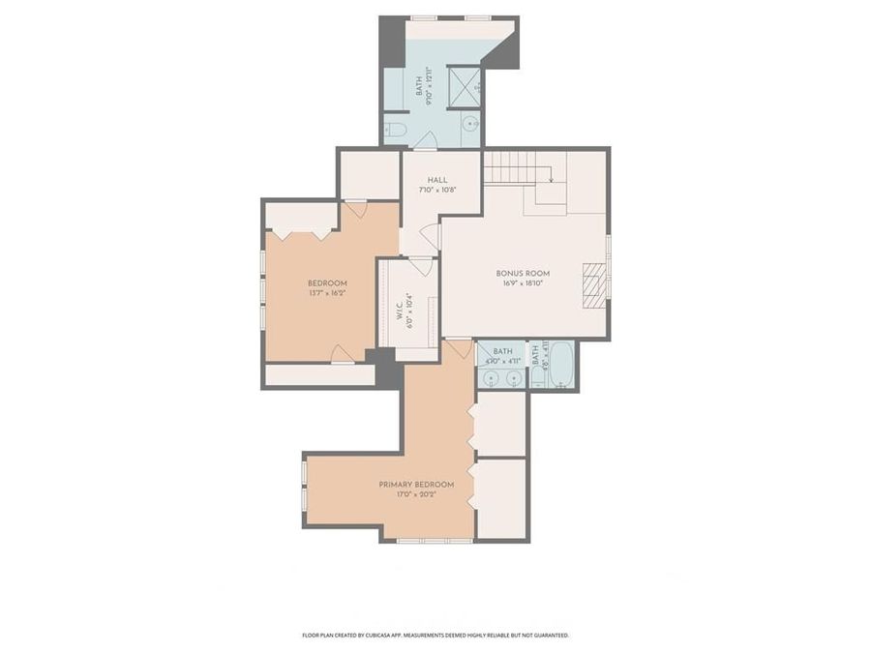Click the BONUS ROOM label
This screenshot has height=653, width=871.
click(524, 274)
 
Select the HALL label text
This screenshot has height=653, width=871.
click(437, 180)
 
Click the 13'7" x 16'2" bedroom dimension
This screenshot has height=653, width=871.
click(327, 293)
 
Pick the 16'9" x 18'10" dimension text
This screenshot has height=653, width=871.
click(524, 283)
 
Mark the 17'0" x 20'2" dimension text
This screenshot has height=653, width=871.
click(417, 493)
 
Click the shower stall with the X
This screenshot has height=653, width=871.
click(464, 85)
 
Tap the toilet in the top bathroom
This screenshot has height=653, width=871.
click(395, 130)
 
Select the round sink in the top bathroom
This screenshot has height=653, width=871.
click(469, 124)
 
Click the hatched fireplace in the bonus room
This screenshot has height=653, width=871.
click(594, 284)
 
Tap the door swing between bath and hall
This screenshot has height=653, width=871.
click(425, 141)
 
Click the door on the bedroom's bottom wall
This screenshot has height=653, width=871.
click(343, 354)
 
